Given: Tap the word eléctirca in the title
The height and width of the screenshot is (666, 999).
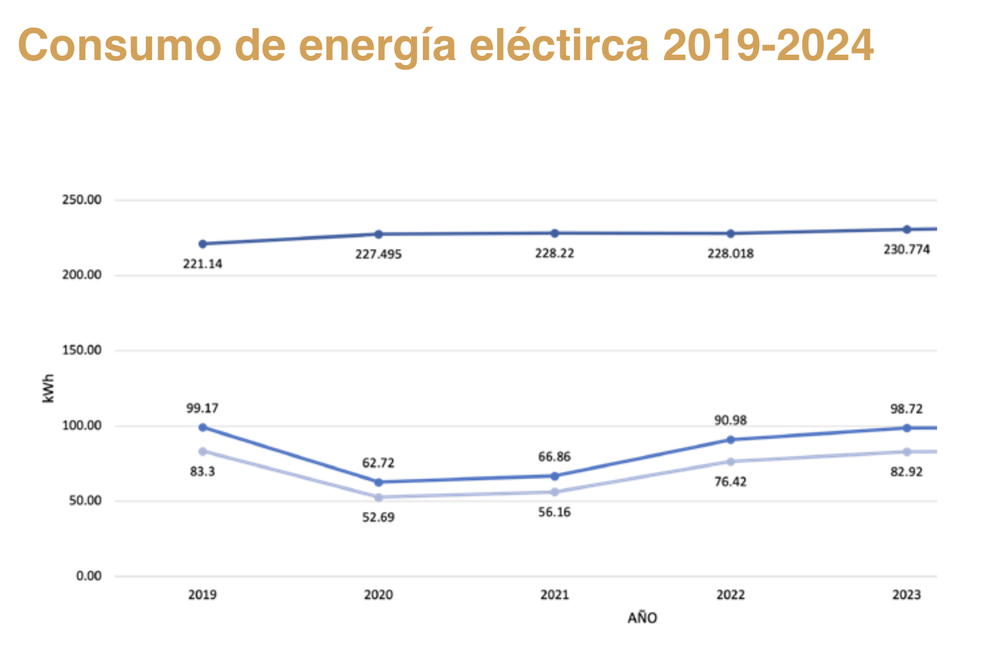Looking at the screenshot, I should [x=560, y=45].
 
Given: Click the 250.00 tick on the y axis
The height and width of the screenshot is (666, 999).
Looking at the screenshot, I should [x=82, y=200].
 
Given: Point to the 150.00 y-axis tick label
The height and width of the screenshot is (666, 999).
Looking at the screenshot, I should [x=82, y=350].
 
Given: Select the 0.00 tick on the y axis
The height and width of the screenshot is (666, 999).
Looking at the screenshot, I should [x=89, y=576].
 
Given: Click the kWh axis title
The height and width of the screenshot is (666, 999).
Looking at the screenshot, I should [x=48, y=388].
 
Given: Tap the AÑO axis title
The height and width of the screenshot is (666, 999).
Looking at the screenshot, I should [x=642, y=618].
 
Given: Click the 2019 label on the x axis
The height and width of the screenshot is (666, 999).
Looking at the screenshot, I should [x=202, y=595].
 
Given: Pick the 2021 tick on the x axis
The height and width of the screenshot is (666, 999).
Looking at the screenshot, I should [x=555, y=595].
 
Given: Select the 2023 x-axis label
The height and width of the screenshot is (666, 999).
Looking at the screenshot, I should [x=906, y=595].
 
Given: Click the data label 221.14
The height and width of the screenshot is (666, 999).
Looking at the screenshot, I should [x=203, y=264].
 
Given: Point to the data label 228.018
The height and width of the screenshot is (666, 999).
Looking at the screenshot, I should [x=730, y=254].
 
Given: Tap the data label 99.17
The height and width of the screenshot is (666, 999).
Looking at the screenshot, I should [x=202, y=408].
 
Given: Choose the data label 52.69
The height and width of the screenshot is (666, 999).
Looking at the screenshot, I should [x=378, y=518].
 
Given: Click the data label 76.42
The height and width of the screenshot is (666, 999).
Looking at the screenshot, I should [x=730, y=482].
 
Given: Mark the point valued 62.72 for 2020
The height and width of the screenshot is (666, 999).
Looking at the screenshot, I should [x=378, y=482].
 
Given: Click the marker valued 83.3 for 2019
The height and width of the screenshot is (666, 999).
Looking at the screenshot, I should [x=203, y=452].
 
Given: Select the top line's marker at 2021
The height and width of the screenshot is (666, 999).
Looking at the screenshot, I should [x=555, y=233].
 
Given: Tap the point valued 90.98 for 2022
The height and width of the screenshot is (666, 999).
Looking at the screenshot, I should [x=731, y=440].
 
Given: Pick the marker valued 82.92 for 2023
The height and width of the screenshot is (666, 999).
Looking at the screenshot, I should [x=907, y=452].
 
